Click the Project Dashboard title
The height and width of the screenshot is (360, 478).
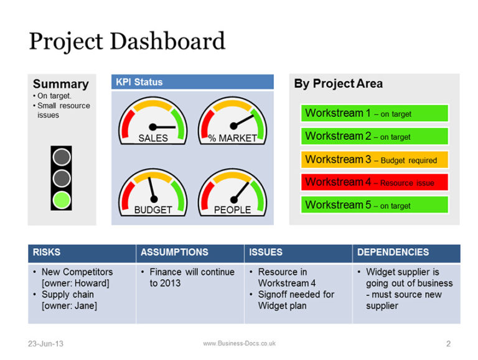point(127,42)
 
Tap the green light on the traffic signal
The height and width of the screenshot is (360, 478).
point(61,200)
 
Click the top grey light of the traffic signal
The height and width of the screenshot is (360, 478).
point(61,157)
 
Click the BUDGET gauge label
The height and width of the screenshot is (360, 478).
point(152,210)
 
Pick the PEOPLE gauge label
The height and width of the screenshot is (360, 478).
point(232,210)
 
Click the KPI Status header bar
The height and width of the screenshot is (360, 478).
point(192,82)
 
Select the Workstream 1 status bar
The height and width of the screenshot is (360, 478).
point(375,114)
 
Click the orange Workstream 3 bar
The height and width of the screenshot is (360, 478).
point(375,160)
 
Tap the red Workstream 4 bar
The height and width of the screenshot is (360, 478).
point(375,183)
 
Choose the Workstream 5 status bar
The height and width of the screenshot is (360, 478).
point(375,205)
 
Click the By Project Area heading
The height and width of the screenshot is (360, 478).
point(338,84)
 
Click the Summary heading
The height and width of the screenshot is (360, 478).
point(60,84)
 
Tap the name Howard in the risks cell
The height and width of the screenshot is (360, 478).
point(93,284)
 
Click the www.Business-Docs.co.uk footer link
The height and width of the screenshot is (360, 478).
point(239,343)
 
